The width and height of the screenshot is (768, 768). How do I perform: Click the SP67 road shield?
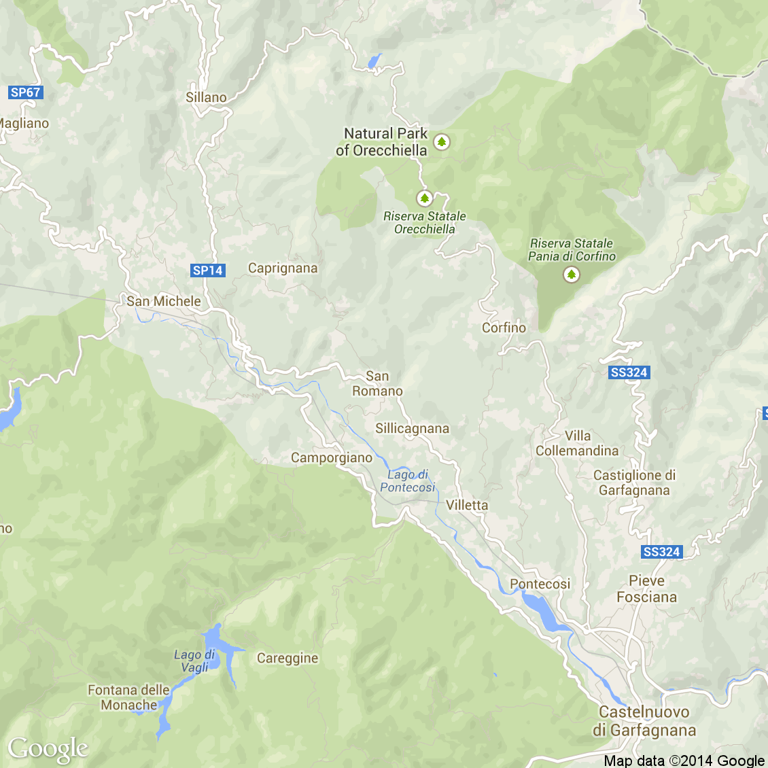click(26, 92)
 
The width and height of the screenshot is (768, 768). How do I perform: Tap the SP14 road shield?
click(207, 270)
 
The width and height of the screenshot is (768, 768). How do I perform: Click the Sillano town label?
click(206, 98)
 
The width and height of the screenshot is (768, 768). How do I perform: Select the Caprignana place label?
click(283, 268)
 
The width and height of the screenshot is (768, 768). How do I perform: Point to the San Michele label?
click(164, 301)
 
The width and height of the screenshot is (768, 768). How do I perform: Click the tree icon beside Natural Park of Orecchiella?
click(442, 142)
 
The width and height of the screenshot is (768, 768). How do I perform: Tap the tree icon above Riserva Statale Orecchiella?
click(425, 198)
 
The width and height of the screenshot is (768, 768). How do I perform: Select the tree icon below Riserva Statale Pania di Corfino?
click(572, 275)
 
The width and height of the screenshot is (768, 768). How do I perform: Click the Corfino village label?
click(504, 328)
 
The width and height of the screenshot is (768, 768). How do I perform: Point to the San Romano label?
click(377, 383)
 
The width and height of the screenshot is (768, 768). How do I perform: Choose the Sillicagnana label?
click(412, 429)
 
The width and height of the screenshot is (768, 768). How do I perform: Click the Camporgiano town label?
click(332, 458)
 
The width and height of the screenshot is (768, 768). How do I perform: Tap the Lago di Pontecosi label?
click(408, 481)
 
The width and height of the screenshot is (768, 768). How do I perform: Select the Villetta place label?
click(467, 505)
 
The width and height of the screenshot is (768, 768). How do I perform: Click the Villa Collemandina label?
click(577, 443)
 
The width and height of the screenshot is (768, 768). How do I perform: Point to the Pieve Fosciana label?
click(646, 589)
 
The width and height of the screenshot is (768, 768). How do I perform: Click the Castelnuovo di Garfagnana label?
click(644, 721)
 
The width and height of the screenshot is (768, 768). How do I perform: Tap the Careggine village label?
click(287, 658)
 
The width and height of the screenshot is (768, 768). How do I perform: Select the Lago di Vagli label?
click(194, 661)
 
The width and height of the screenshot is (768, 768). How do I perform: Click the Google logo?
click(48, 749)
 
